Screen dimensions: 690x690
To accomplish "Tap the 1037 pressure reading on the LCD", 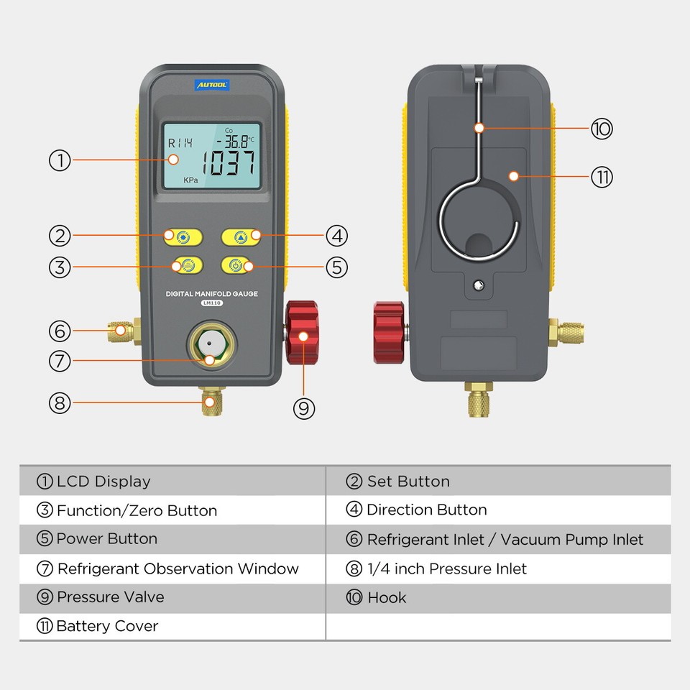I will (x=229, y=164).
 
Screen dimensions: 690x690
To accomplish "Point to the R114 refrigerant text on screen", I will (x=180, y=143).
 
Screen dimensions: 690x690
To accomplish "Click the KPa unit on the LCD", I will (x=190, y=180).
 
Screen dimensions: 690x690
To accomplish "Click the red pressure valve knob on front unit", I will (x=303, y=332).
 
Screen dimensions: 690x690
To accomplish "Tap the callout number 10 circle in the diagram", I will (x=602, y=129).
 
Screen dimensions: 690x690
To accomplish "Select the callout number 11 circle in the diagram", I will (x=602, y=177).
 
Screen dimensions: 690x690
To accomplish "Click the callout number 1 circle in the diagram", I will (x=60, y=160).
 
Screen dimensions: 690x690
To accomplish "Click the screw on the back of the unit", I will (x=479, y=285).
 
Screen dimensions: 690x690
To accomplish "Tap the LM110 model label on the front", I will (x=211, y=303).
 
